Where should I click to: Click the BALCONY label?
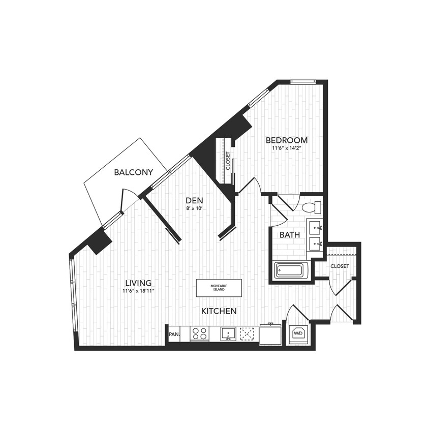[x=133, y=173]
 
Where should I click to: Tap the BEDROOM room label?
[x=287, y=140]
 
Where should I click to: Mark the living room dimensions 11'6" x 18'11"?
[x=138, y=291]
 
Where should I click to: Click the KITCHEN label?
[x=219, y=311]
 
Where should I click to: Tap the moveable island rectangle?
[x=219, y=288]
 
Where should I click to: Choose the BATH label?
[x=289, y=235]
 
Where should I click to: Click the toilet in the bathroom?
[x=311, y=207]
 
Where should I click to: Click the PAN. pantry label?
[x=173, y=334]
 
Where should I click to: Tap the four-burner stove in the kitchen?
[x=199, y=334]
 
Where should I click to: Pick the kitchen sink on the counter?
[x=228, y=334]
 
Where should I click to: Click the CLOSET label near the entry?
[x=340, y=266]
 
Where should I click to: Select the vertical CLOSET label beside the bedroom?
[x=228, y=161]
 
